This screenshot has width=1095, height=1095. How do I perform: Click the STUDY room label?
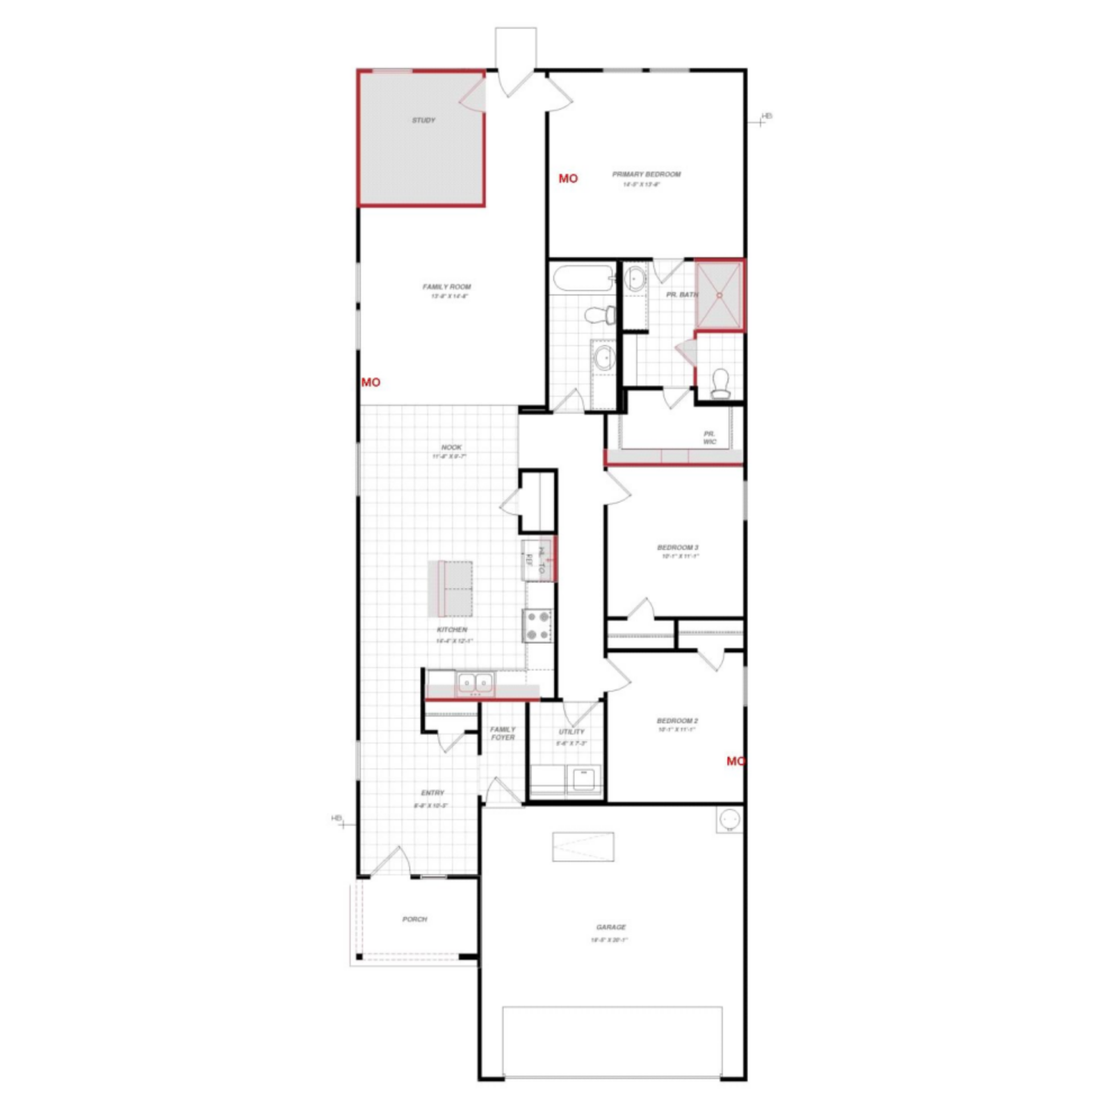pos(424,120)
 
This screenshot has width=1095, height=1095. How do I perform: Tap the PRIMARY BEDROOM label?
pos(646,175)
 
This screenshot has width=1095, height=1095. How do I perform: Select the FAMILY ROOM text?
pos(447,287)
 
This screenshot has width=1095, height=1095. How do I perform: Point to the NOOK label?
pos(451,448)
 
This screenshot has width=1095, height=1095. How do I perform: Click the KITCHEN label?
pos(452,630)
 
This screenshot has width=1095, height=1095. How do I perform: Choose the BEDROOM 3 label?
pos(678,547)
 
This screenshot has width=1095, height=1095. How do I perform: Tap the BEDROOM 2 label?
pos(678,721)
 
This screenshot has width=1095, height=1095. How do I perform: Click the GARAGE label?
pos(611,927)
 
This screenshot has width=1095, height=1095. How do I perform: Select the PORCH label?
pos(415,919)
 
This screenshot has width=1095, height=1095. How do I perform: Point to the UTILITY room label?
pos(571,732)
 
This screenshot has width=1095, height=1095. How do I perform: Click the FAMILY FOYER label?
pos(502,733)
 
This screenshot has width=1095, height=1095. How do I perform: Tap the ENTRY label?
pos(432,793)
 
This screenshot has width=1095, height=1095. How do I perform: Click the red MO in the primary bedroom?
pos(568,179)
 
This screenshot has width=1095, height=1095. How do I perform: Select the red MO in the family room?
pos(371,382)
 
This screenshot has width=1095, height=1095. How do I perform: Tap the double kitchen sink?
pos(475,682)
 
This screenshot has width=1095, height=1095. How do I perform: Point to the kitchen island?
pos(451,589)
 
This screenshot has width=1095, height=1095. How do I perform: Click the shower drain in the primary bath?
pos(720,295)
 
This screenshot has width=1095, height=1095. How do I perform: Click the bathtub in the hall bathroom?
pos(583,278)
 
